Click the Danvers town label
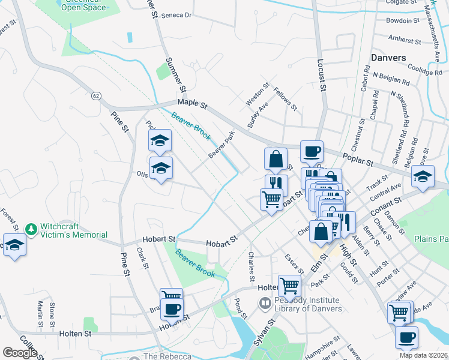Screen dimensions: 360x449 coord(388,58)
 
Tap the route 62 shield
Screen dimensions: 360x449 coord(96,96)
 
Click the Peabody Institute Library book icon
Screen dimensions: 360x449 coord(265,304)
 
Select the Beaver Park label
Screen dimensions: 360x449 coord(220,146)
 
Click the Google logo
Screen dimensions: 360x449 coord(20,353)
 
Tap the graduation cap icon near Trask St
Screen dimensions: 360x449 coord(423,177)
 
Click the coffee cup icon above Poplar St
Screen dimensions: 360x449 coord(312,152)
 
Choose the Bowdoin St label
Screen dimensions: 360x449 coord(403,20)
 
